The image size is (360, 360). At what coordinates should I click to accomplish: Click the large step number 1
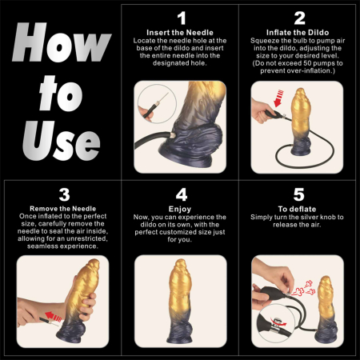tap(181, 18)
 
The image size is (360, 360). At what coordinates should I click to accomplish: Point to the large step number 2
tap(298, 18)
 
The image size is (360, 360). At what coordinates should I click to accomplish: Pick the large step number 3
tap(62, 195)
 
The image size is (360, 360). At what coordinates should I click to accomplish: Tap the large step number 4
tap(181, 195)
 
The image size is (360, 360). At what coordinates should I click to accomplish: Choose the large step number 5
tap(298, 195)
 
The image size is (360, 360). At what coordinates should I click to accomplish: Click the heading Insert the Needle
tap(181, 32)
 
